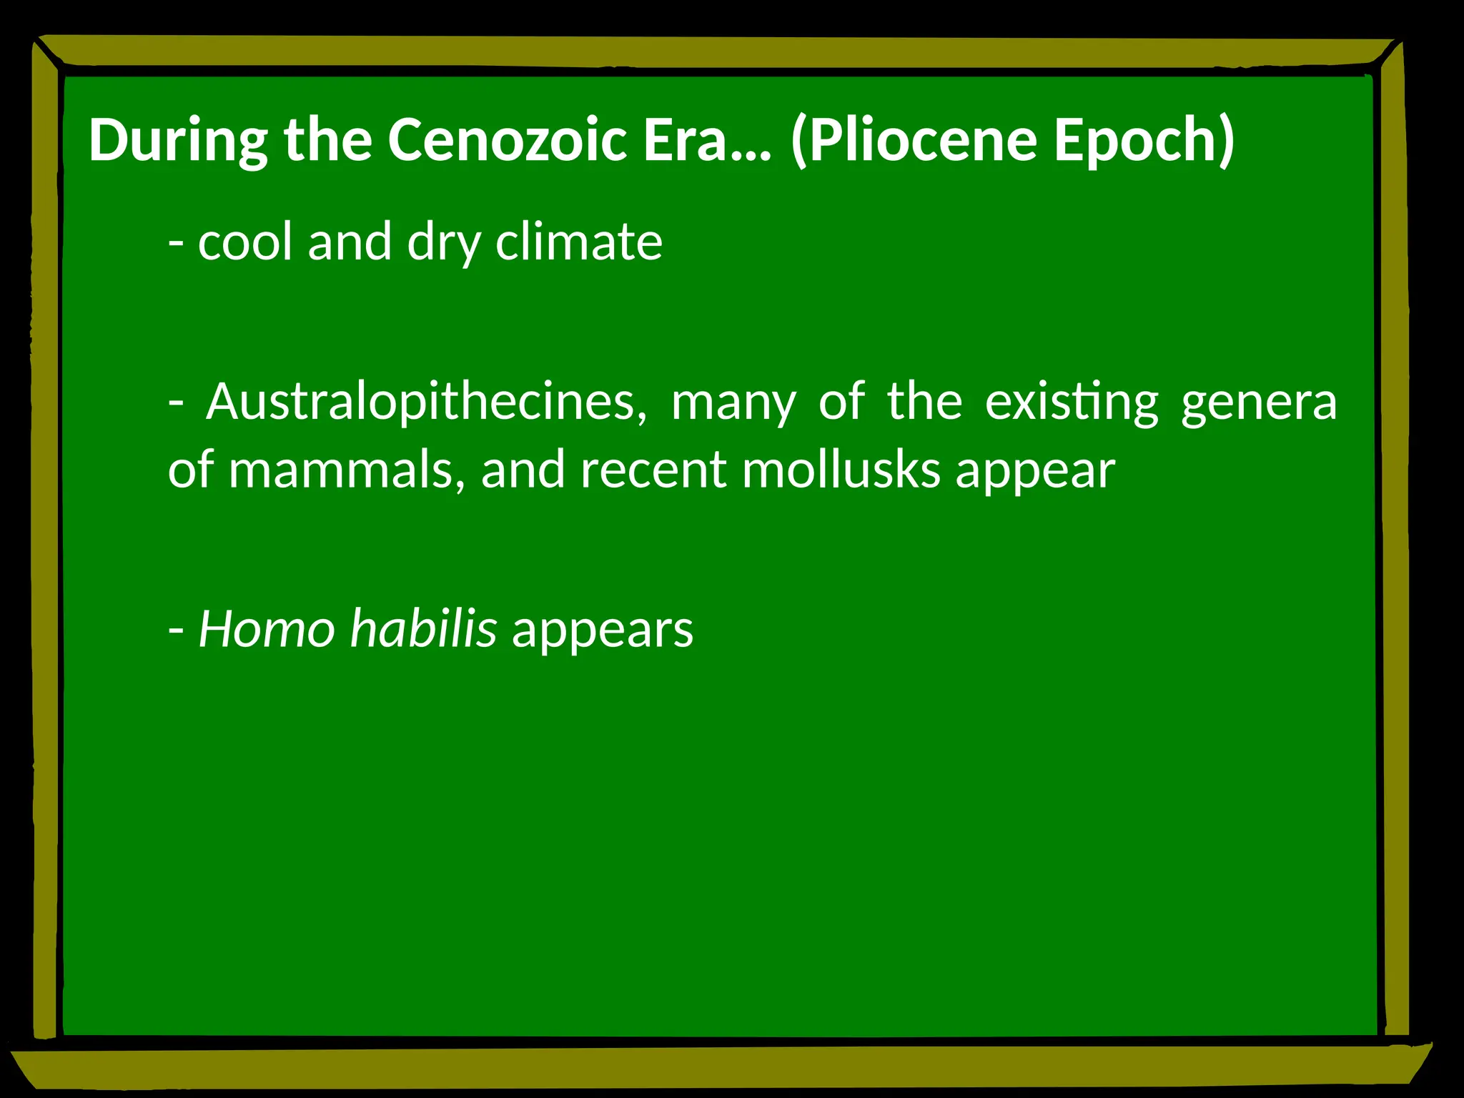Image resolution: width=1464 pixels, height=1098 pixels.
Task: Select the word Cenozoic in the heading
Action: pyautogui.click(x=508, y=140)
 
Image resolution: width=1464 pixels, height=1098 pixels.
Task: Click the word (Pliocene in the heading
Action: pyautogui.click(x=914, y=140)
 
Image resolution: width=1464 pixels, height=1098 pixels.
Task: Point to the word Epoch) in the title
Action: pyautogui.click(x=1144, y=140)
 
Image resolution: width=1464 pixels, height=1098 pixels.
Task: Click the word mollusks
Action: pyautogui.click(x=841, y=470)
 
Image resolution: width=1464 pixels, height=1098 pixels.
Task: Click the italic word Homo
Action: pyautogui.click(x=267, y=629)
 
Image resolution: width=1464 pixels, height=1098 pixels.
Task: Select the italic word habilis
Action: pyautogui.click(x=423, y=629)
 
